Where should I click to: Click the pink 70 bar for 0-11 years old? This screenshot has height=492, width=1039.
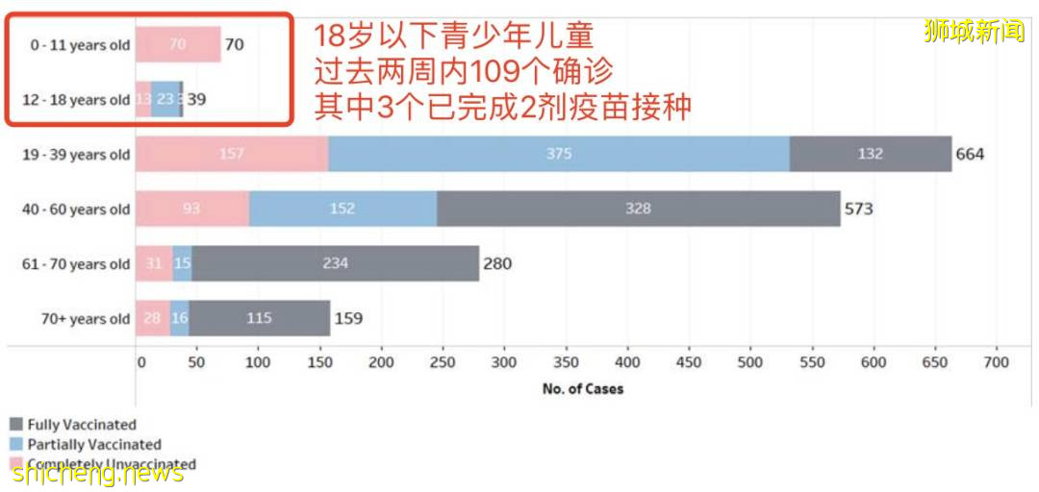(x=178, y=44)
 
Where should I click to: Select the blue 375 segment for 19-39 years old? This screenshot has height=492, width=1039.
(x=559, y=154)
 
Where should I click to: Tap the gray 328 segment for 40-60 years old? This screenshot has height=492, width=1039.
(x=638, y=209)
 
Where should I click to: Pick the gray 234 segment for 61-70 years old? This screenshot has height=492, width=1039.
(x=335, y=263)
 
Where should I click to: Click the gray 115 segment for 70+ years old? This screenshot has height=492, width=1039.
(x=259, y=318)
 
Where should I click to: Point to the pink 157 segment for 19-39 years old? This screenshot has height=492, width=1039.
(x=231, y=154)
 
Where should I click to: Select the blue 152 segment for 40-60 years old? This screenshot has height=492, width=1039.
(x=342, y=209)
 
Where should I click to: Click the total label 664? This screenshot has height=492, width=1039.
(x=970, y=154)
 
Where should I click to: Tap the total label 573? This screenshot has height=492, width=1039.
(x=858, y=209)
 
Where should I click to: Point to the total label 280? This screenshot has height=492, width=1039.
(x=497, y=263)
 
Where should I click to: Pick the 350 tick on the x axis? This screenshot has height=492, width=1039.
(x=568, y=362)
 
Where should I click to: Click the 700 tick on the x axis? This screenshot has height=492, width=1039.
(x=997, y=362)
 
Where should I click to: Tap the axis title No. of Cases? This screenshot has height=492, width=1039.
(x=583, y=389)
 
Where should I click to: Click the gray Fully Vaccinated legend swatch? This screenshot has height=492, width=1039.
(x=15, y=425)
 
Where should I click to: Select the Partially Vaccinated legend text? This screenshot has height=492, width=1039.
(x=94, y=445)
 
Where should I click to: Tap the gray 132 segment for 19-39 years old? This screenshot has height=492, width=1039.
(x=871, y=154)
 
